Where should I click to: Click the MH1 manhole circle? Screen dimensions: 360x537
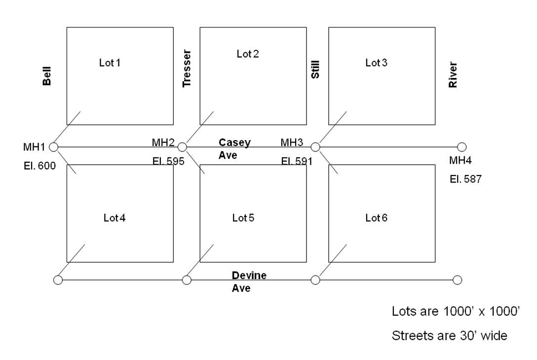point(53,146)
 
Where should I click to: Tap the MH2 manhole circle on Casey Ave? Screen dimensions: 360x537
point(182,146)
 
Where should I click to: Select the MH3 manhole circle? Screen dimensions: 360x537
point(316,146)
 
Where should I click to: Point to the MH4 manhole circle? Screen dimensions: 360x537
point(461,146)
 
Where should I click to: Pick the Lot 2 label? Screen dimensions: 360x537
point(248,54)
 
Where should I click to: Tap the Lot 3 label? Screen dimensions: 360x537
point(377,63)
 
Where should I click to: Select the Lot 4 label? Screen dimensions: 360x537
point(115,217)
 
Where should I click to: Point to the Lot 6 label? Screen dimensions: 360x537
point(377,217)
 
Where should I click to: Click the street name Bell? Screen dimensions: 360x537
point(47,77)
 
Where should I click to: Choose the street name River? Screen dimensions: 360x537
point(453,75)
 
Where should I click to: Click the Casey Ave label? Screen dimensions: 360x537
point(234,148)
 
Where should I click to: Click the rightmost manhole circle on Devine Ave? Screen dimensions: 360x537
point(457,280)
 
